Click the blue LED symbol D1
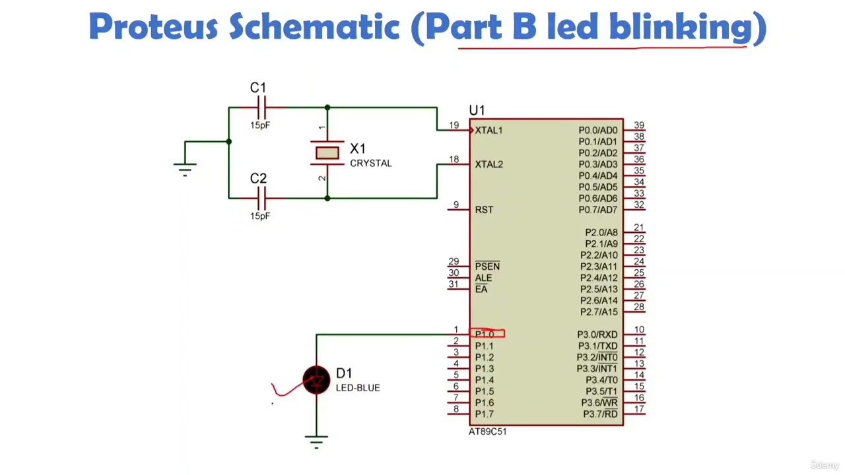click(317, 380)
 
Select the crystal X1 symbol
click(327, 153)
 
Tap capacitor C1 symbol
click(261, 107)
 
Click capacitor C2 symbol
click(261, 197)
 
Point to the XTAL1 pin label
click(489, 130)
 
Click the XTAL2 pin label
click(489, 164)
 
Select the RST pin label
click(484, 210)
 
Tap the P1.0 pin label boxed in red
click(486, 334)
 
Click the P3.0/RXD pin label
click(597, 334)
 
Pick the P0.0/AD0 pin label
click(597, 130)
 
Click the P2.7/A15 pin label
click(599, 312)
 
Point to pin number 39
click(638, 125)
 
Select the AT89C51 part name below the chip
click(487, 431)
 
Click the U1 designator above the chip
click(477, 110)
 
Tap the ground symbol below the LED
click(317, 441)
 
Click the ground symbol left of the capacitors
click(186, 169)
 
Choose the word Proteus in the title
click(153, 27)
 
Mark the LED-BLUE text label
click(358, 388)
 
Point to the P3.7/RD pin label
click(600, 414)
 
